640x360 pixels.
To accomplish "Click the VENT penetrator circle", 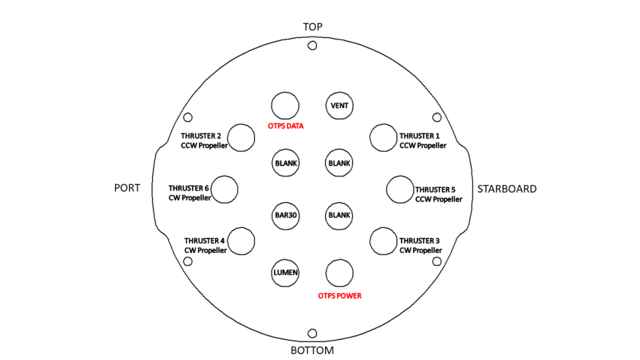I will pos(339,106).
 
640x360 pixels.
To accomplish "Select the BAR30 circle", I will pos(285,216).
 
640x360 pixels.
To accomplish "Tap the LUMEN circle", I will pos(285,272).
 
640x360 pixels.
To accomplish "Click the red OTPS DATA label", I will pos(286,126).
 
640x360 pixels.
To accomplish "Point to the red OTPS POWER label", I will pos(339,296).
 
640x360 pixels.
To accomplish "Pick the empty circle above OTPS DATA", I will pos(285,106).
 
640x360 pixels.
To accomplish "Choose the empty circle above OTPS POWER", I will pos(339,272).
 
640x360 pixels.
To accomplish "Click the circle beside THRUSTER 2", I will pos(241,137).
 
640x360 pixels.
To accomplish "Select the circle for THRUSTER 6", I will pos(224,189).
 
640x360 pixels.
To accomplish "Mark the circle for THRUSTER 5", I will pos(400,189).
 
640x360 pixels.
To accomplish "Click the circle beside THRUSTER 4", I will pos(241,241).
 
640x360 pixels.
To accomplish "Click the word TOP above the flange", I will pos(312,27).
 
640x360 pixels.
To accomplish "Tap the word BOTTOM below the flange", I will pos(312,351).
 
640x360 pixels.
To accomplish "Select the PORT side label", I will pos(127,188).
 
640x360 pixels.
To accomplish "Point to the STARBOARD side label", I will pos(507,189).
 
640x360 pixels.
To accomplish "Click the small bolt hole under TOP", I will pos(312,46).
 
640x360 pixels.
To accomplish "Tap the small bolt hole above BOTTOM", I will pos(312,333).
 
